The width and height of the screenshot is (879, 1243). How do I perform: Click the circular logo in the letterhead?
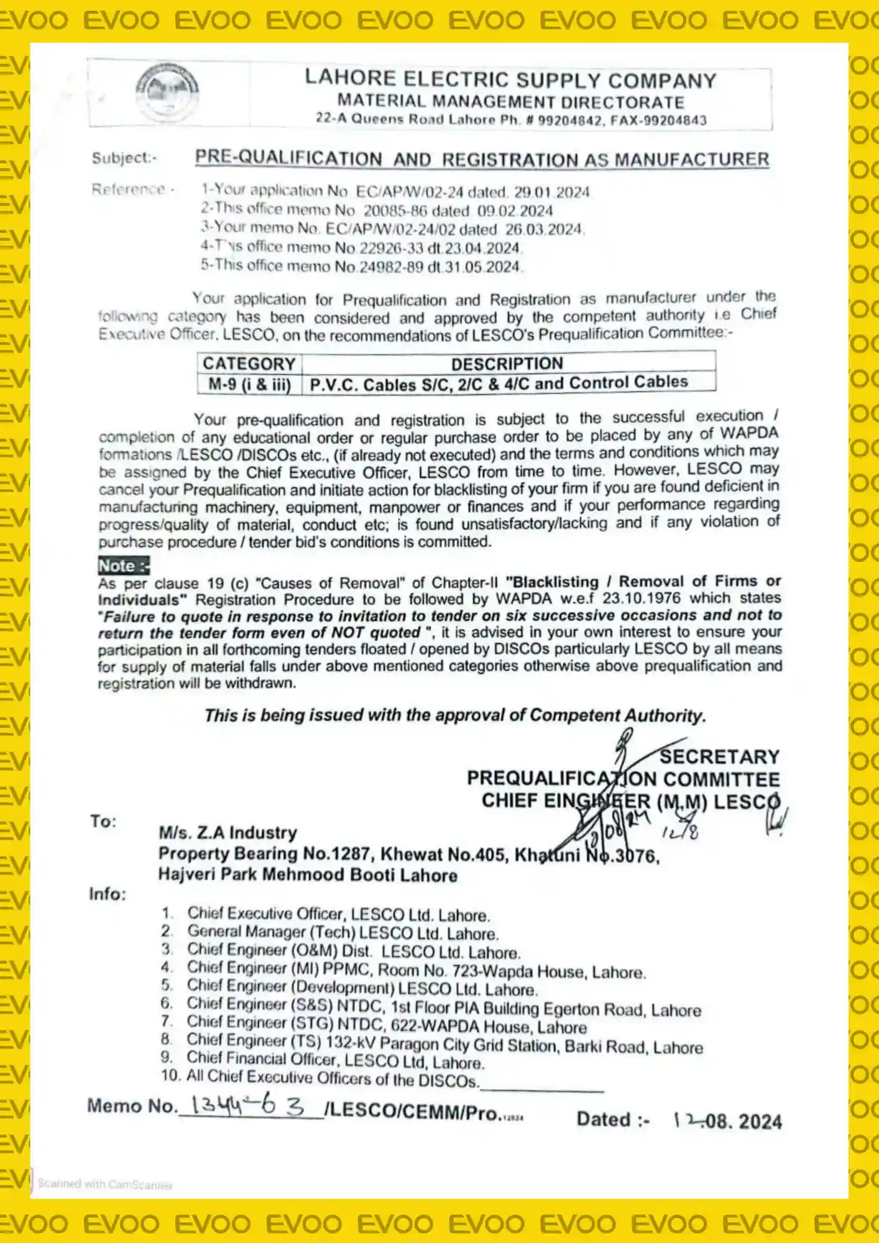[x=167, y=92]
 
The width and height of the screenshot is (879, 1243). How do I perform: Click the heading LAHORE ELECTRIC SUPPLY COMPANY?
[x=510, y=80]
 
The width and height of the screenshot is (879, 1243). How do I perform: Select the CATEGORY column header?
[x=249, y=364]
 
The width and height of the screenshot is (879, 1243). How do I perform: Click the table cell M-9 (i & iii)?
[x=249, y=385]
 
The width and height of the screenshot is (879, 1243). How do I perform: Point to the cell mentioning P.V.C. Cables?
[x=499, y=383]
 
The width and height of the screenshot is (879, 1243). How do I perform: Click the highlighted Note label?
[x=124, y=566]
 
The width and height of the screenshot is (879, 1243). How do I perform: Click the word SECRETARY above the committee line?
[x=719, y=757]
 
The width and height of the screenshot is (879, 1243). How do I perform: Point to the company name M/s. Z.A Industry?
[x=228, y=833]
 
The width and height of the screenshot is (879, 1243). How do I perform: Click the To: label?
[x=103, y=822]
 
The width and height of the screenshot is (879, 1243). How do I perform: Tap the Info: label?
[x=108, y=894]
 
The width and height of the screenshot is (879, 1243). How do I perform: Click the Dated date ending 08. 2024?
[x=728, y=1121]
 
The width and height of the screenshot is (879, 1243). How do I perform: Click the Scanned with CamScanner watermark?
[x=105, y=1184]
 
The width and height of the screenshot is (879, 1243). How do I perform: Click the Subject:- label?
[x=124, y=158]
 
